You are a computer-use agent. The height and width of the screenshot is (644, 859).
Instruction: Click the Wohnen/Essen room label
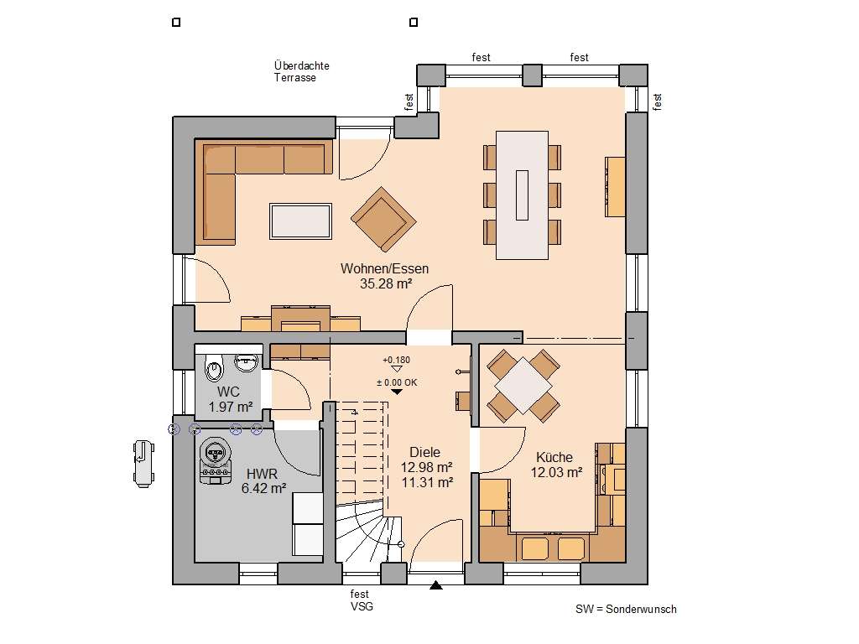coord(384,269)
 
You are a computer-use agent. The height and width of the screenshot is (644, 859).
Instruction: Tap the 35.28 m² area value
coord(384,284)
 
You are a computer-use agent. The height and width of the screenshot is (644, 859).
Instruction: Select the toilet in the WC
coord(215,366)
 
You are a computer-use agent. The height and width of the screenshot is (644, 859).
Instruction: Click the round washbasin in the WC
coord(246,362)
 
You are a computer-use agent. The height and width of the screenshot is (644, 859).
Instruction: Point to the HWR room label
coord(262,473)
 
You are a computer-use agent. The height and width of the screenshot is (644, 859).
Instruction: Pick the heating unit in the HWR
coord(216,460)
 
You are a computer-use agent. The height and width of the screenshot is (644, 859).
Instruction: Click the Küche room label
coord(554,457)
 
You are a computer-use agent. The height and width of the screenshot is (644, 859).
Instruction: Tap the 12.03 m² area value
coord(556,473)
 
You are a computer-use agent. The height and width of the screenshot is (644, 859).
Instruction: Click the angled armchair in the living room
coord(383,218)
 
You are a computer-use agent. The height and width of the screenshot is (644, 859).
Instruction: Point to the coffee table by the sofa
coord(299,221)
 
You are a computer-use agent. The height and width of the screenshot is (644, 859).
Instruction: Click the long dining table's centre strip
coord(523,195)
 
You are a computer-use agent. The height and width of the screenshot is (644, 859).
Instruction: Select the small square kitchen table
coord(523,386)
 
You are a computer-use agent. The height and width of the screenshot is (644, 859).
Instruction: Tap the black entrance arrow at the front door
coord(435,585)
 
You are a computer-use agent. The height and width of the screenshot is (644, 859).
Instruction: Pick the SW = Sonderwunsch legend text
coord(626,610)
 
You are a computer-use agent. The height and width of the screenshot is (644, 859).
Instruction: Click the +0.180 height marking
coord(397,361)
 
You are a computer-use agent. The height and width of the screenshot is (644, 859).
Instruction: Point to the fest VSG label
coord(361,600)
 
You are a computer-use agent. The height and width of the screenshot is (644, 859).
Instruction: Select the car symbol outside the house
coord(143,464)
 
